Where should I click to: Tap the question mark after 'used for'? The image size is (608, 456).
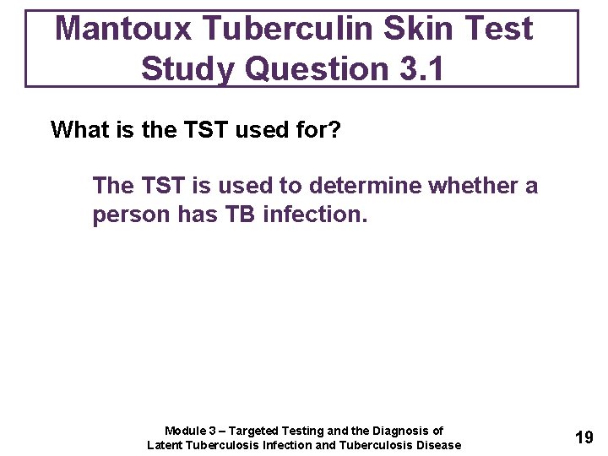coord(334,130)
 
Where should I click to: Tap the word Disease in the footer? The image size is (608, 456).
coord(438,445)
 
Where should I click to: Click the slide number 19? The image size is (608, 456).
coord(584,437)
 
